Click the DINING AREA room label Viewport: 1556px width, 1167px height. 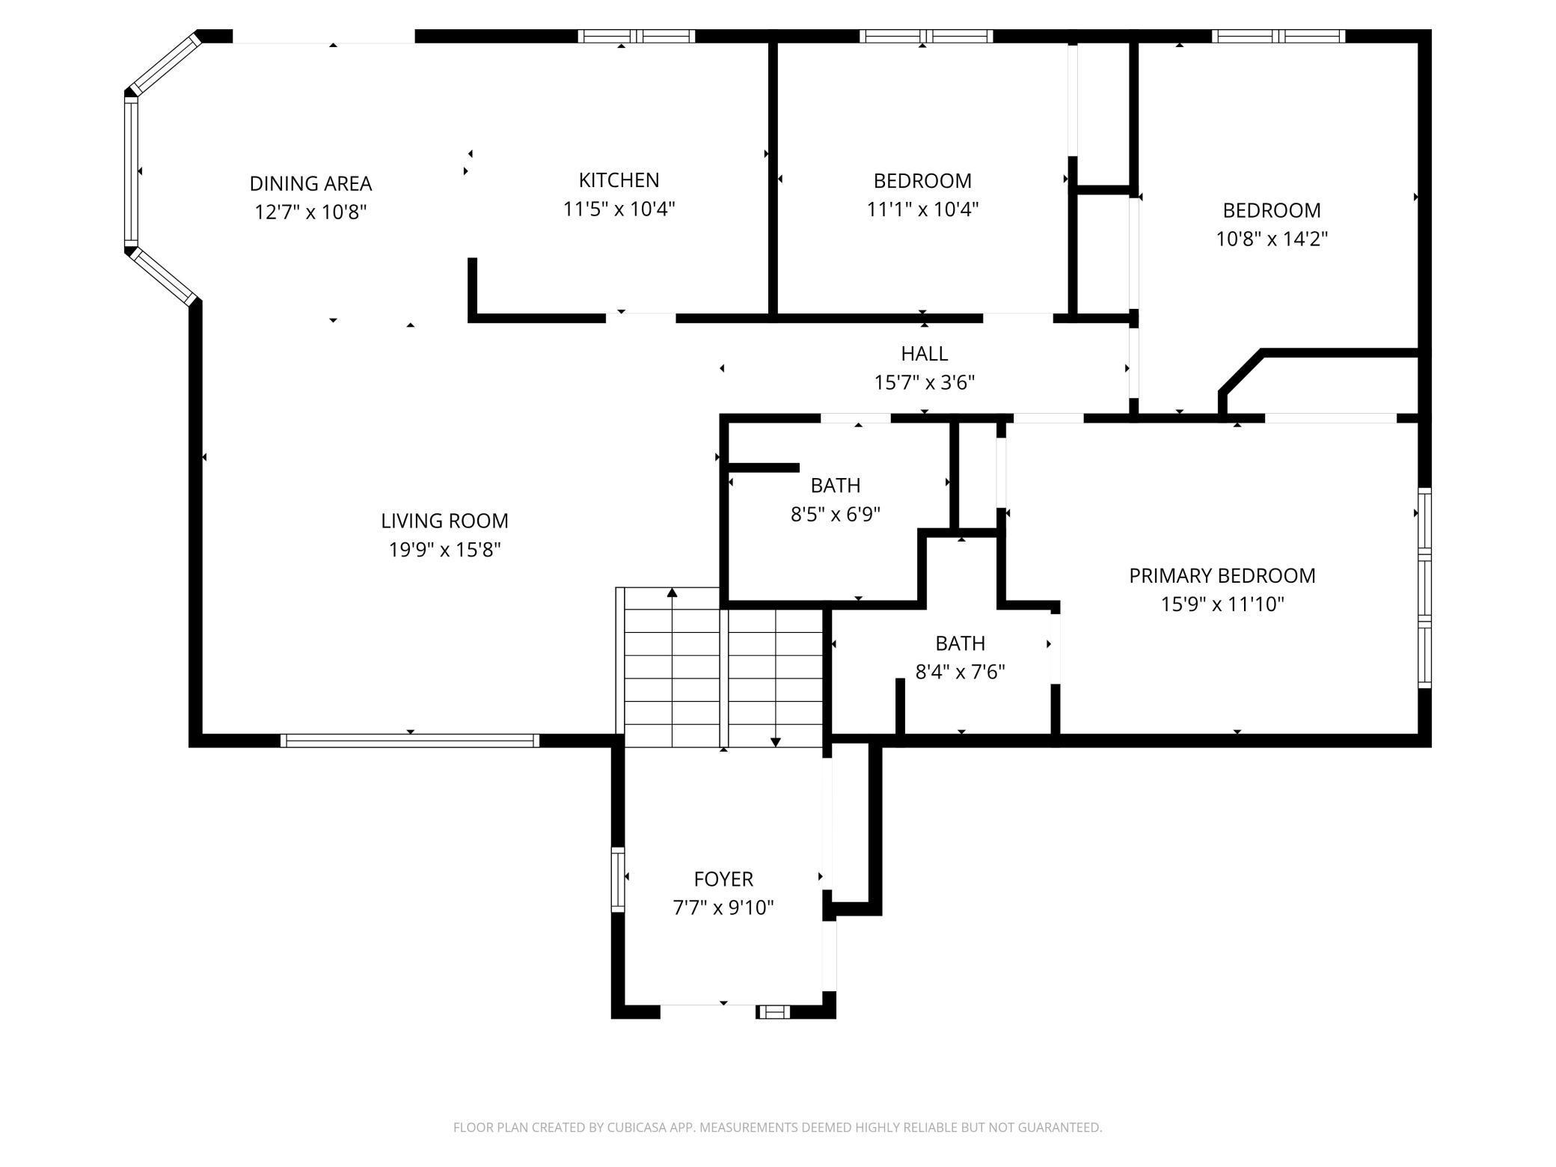[310, 183]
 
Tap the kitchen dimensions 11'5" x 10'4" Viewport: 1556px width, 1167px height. [619, 209]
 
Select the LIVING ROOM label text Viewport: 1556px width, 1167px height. [444, 521]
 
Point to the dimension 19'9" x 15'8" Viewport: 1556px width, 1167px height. [444, 550]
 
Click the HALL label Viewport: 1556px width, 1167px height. [924, 353]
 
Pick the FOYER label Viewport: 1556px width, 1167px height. [723, 878]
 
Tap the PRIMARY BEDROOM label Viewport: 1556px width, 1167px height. [1222, 575]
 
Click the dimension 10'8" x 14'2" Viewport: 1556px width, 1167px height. [1271, 239]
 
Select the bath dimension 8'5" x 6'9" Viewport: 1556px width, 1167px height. [835, 514]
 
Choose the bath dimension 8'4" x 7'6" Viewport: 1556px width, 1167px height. [960, 672]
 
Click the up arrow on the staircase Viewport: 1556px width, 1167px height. [672, 593]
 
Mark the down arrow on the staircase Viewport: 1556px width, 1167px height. [776, 741]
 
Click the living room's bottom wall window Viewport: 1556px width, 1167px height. [410, 741]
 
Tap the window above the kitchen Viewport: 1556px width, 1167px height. [637, 36]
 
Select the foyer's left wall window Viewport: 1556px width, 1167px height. [617, 879]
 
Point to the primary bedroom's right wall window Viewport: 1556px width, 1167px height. [1424, 587]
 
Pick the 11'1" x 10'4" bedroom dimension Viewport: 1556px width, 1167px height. [922, 209]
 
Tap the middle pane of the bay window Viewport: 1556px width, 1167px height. [131, 172]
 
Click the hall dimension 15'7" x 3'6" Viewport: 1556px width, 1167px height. [924, 382]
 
